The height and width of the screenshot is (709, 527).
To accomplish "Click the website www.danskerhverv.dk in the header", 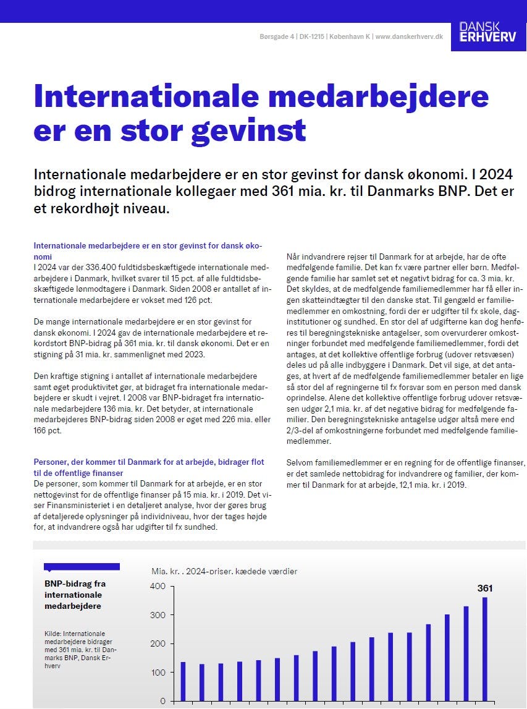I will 409,37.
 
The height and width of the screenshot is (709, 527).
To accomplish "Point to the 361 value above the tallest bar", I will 485,588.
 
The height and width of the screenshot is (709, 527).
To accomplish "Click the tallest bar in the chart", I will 485,648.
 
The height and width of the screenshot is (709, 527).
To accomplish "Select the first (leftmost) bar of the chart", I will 183,681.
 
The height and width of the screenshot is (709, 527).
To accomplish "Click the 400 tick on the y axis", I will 158,586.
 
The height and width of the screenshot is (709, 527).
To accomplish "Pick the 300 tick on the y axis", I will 158,615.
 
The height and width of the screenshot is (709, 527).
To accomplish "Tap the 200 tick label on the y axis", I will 158,643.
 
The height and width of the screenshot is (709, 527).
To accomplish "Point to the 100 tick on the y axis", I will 158,673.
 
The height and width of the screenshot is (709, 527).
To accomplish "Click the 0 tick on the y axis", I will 162,701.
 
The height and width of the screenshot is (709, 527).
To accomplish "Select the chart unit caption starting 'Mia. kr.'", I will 224,571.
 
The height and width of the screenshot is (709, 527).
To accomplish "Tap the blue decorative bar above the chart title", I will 82,566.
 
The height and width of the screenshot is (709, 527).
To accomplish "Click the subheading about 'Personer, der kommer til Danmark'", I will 149,467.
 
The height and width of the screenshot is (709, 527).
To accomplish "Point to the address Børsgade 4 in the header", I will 277,37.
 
